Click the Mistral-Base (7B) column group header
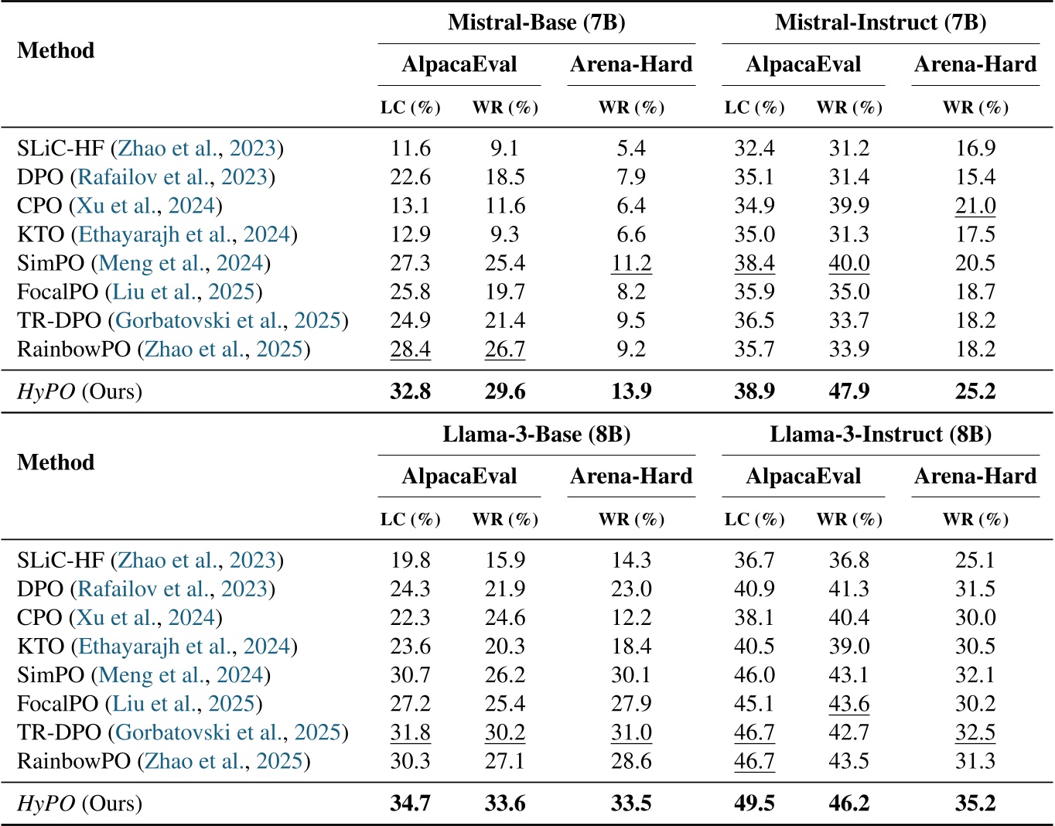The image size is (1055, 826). pyautogui.click(x=536, y=22)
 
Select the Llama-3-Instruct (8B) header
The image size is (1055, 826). pyautogui.click(x=880, y=435)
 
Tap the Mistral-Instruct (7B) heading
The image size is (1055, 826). pyautogui.click(x=880, y=22)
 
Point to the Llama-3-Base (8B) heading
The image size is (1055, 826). pyautogui.click(x=536, y=435)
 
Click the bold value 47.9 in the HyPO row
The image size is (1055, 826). pyautogui.click(x=848, y=391)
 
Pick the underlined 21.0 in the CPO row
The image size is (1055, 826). pyautogui.click(x=975, y=206)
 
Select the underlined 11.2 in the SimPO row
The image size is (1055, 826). pyautogui.click(x=631, y=263)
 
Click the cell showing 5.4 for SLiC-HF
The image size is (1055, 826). pyautogui.click(x=631, y=148)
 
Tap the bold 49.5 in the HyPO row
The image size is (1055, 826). pyautogui.click(x=754, y=804)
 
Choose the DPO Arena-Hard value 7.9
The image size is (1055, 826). pyautogui.click(x=631, y=177)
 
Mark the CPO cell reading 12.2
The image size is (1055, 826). pyautogui.click(x=631, y=618)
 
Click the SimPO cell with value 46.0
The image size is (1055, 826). pyautogui.click(x=754, y=675)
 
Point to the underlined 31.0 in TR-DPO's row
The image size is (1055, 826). pyautogui.click(x=631, y=732)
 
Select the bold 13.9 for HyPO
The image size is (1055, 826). pyautogui.click(x=631, y=391)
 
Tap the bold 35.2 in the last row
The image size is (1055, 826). pyautogui.click(x=975, y=804)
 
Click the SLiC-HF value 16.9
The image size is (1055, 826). pyautogui.click(x=975, y=148)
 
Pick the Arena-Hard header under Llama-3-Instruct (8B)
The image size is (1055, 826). pyautogui.click(x=975, y=476)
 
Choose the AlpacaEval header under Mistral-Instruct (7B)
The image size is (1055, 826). pyautogui.click(x=803, y=64)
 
